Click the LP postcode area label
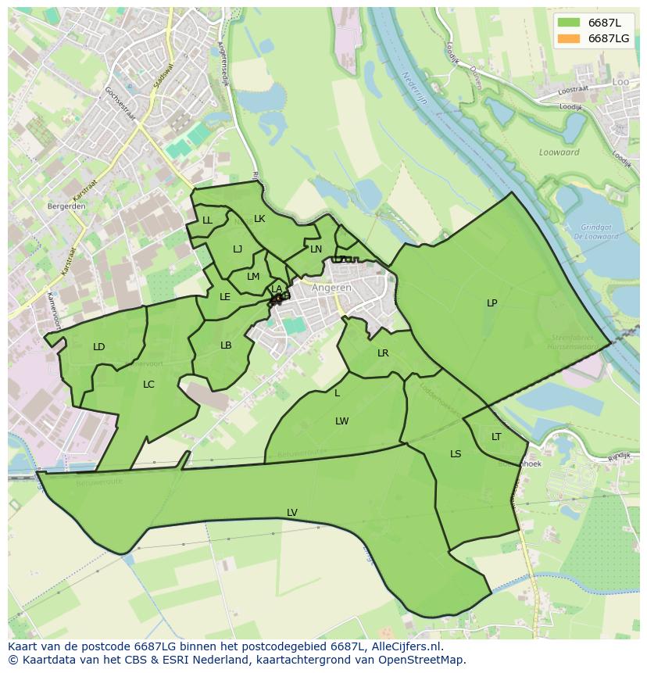coord(492,303)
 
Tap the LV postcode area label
coord(291,513)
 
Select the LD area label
coord(98,347)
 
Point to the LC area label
coord(148,385)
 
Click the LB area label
coord(226,345)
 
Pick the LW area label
coord(341,421)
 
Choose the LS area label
coord(456,454)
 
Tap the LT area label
coord(496,437)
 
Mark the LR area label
coord(383,353)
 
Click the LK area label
coord(259,219)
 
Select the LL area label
coord(207,220)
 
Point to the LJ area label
coord(238,249)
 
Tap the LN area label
coord(316,249)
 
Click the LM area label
coord(253,277)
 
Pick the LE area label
coord(225,297)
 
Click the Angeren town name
coord(331,288)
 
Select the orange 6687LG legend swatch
coord(568,38)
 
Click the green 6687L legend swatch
coord(568,22)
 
